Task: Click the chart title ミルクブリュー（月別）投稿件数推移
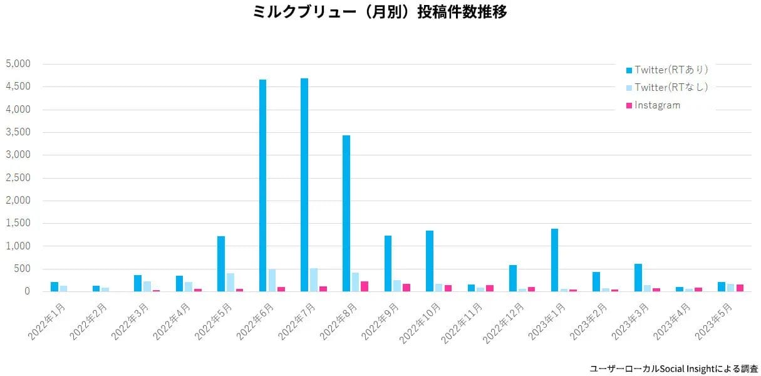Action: pyautogui.click(x=380, y=12)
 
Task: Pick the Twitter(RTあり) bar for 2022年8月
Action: pyautogui.click(x=346, y=213)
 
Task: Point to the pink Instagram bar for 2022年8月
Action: pyautogui.click(x=365, y=286)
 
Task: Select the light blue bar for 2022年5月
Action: pyautogui.click(x=230, y=282)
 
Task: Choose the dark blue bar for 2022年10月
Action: pyautogui.click(x=430, y=261)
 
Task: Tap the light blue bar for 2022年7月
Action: pyautogui.click(x=314, y=280)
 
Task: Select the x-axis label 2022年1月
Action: pyautogui.click(x=47, y=321)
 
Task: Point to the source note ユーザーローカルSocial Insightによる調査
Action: pyautogui.click(x=674, y=368)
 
